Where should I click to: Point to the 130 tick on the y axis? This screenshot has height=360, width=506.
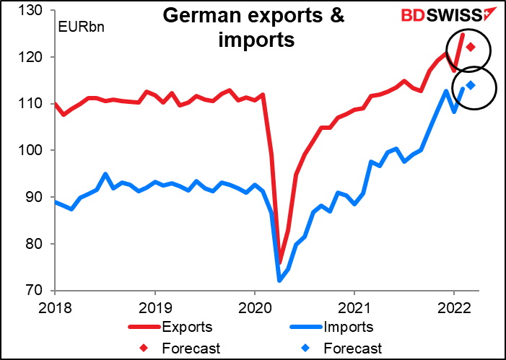pyautogui.click(x=34, y=10)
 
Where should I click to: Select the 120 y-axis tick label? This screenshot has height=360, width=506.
pyautogui.click(x=34, y=57)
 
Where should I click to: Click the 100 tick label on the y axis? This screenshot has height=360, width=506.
pyautogui.click(x=34, y=150)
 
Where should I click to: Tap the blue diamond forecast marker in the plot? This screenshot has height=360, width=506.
pyautogui.click(x=471, y=85)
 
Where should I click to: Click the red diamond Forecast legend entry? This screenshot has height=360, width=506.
pyautogui.click(x=190, y=348)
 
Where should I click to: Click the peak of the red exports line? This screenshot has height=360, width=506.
pyautogui.click(x=463, y=34)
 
